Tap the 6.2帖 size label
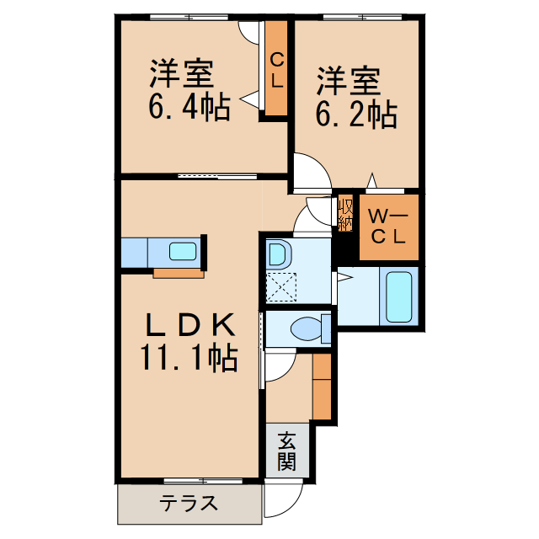click(355, 114)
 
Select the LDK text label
click(189, 324)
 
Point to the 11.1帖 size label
click(189, 360)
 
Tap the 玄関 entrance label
click(287, 451)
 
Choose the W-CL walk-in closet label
click(388, 227)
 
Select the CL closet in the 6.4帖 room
click(276, 72)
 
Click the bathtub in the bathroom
click(398, 296)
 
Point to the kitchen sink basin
click(183, 251)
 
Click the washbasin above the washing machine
click(279, 253)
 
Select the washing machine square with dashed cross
click(281, 287)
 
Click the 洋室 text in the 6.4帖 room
click(180, 74)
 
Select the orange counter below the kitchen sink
click(179, 273)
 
